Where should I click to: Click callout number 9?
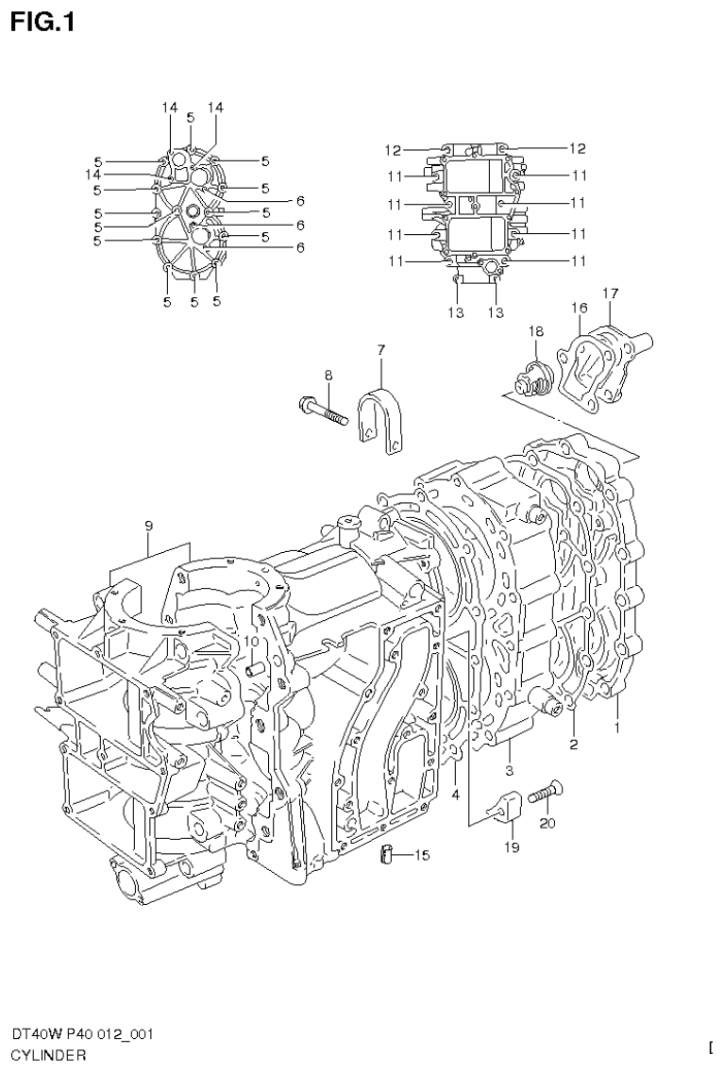(x=149, y=525)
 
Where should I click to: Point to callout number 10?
(x=251, y=641)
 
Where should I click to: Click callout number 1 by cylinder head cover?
(x=617, y=728)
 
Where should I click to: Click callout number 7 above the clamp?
(x=380, y=350)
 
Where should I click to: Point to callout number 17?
(x=611, y=293)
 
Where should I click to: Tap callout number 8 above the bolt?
(x=328, y=376)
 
